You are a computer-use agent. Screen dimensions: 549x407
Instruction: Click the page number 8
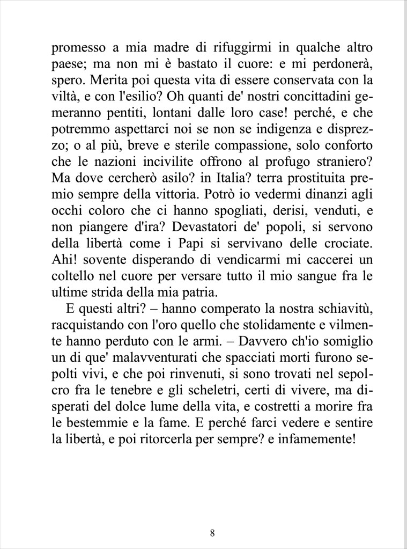[213, 533]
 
